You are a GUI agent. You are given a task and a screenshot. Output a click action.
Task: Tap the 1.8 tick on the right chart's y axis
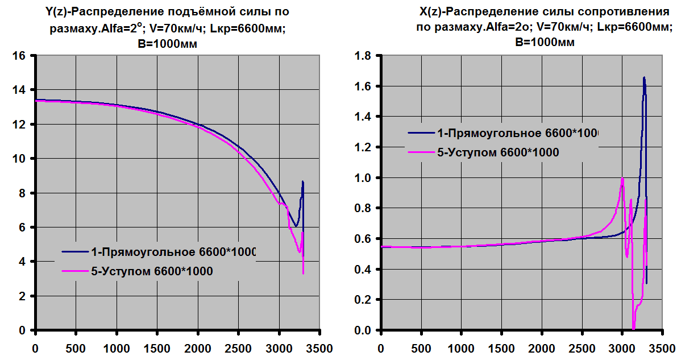[x=363, y=56]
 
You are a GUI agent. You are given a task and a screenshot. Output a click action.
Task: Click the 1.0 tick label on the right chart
[x=363, y=178]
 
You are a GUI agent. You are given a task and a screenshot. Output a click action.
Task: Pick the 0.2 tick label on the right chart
[x=363, y=300]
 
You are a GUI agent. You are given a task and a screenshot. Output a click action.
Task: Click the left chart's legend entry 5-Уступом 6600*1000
[x=152, y=272]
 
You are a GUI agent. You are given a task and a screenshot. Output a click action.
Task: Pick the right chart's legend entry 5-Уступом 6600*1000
[x=497, y=152]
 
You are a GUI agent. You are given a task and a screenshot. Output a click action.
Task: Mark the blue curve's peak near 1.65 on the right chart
[x=644, y=78]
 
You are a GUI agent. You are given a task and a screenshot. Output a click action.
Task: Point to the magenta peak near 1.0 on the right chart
[x=622, y=179]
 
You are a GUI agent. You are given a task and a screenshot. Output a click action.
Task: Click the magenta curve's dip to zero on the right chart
[x=634, y=328]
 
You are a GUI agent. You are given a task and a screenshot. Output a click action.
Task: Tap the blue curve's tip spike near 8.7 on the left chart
[x=303, y=181]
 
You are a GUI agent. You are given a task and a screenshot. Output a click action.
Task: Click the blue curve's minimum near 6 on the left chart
[x=296, y=226]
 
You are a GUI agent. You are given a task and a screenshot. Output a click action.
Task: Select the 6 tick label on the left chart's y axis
[x=23, y=227]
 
